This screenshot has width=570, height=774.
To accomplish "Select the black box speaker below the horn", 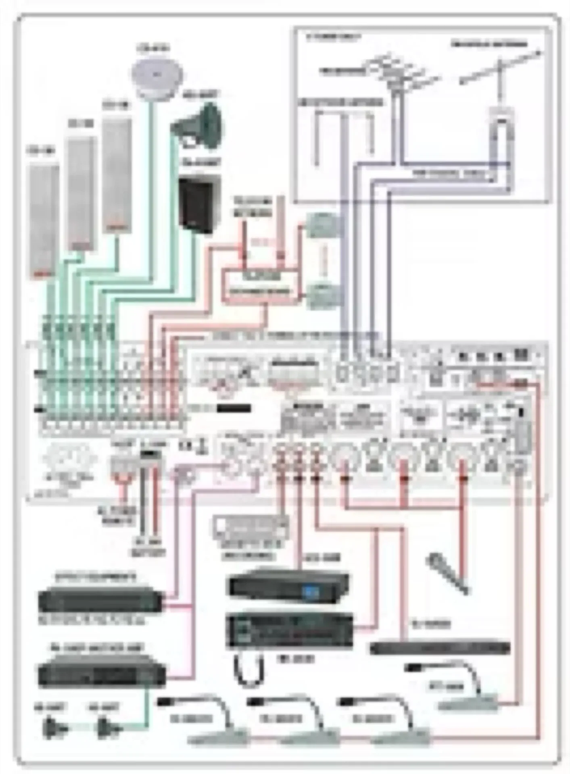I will coord(200,205).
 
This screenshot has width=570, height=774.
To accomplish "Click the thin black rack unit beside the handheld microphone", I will coord(440,648).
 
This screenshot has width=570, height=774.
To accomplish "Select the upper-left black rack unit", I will coord(101,600).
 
